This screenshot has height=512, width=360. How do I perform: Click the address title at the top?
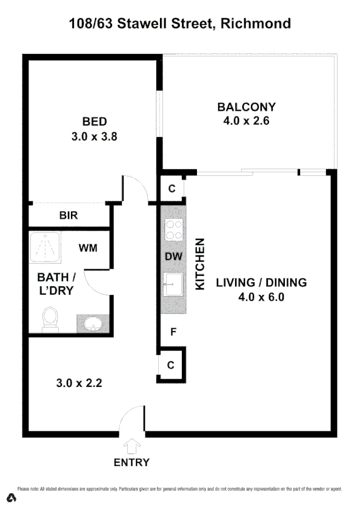coord(179,24)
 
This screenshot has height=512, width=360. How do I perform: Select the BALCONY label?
coord(246,107)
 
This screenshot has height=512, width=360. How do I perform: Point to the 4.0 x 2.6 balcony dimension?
coord(246,121)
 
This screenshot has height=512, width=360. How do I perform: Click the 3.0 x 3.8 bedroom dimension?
coord(93,136)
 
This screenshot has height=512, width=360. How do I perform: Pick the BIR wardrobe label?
coord(68,215)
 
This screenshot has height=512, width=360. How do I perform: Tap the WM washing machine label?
coord(88,248)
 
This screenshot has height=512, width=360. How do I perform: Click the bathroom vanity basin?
coord(92,323)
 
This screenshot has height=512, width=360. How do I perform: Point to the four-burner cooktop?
coord(174,231)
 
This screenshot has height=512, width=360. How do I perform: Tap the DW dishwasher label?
coord(174,257)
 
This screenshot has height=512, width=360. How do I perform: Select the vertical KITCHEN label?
coord(200,263)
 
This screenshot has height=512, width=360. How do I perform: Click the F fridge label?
coord(173,332)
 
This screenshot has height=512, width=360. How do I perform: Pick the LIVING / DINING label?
coord(261,283)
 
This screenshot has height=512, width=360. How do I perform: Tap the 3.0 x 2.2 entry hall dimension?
coord(79,383)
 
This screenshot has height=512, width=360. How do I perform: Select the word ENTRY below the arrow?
coord(132,463)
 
